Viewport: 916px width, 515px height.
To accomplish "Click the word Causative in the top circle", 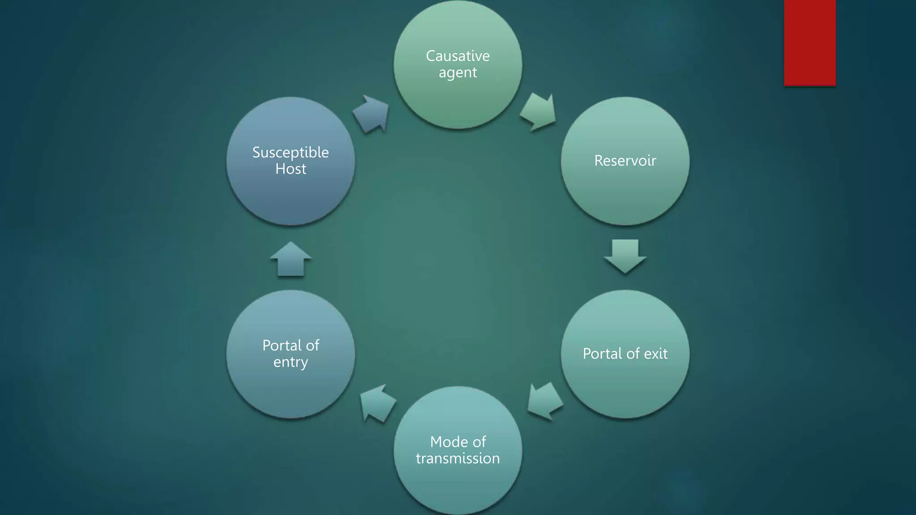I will [458, 56].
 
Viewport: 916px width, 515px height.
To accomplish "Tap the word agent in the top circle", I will [458, 73].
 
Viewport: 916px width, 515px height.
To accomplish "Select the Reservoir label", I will [625, 160].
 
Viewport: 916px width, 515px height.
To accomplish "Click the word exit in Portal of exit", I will [655, 354].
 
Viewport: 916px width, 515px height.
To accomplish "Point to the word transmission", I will [458, 458].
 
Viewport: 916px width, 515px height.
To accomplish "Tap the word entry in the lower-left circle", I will [291, 362].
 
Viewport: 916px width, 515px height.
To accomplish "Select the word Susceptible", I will [291, 153].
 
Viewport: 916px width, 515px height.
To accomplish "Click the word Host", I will [291, 169].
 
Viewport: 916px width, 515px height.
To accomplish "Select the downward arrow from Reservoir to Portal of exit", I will [625, 256].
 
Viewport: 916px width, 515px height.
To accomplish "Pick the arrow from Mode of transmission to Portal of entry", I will [377, 402].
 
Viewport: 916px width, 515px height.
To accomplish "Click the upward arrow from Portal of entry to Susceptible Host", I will [291, 259].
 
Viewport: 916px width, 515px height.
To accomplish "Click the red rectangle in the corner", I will [810, 42].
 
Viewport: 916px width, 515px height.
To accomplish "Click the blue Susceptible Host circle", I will [291, 197].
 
